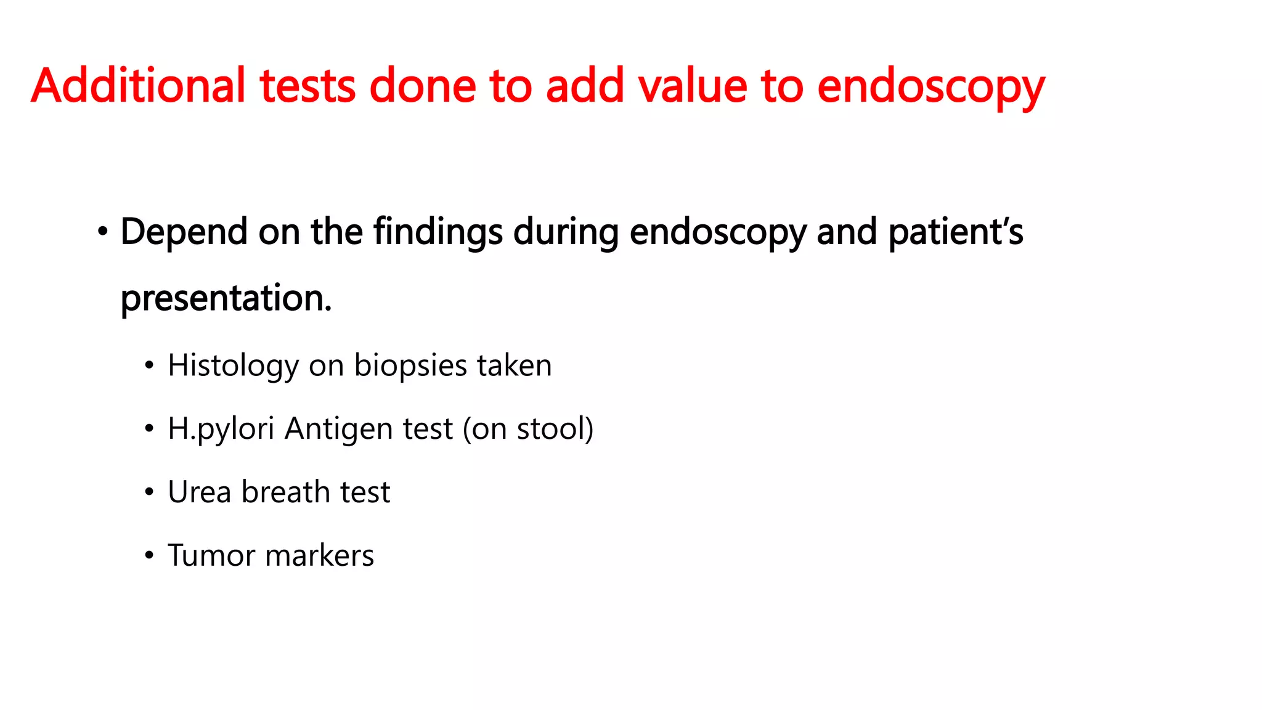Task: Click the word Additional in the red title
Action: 138,86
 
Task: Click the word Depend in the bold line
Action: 184,233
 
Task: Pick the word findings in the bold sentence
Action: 438,233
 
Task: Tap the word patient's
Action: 955,233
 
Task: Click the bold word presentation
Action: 226,299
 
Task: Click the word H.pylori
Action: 221,430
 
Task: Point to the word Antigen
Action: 338,430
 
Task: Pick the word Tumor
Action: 211,556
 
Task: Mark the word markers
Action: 319,556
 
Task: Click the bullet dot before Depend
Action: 102,232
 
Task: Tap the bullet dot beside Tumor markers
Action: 149,556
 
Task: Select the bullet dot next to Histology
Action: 149,366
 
